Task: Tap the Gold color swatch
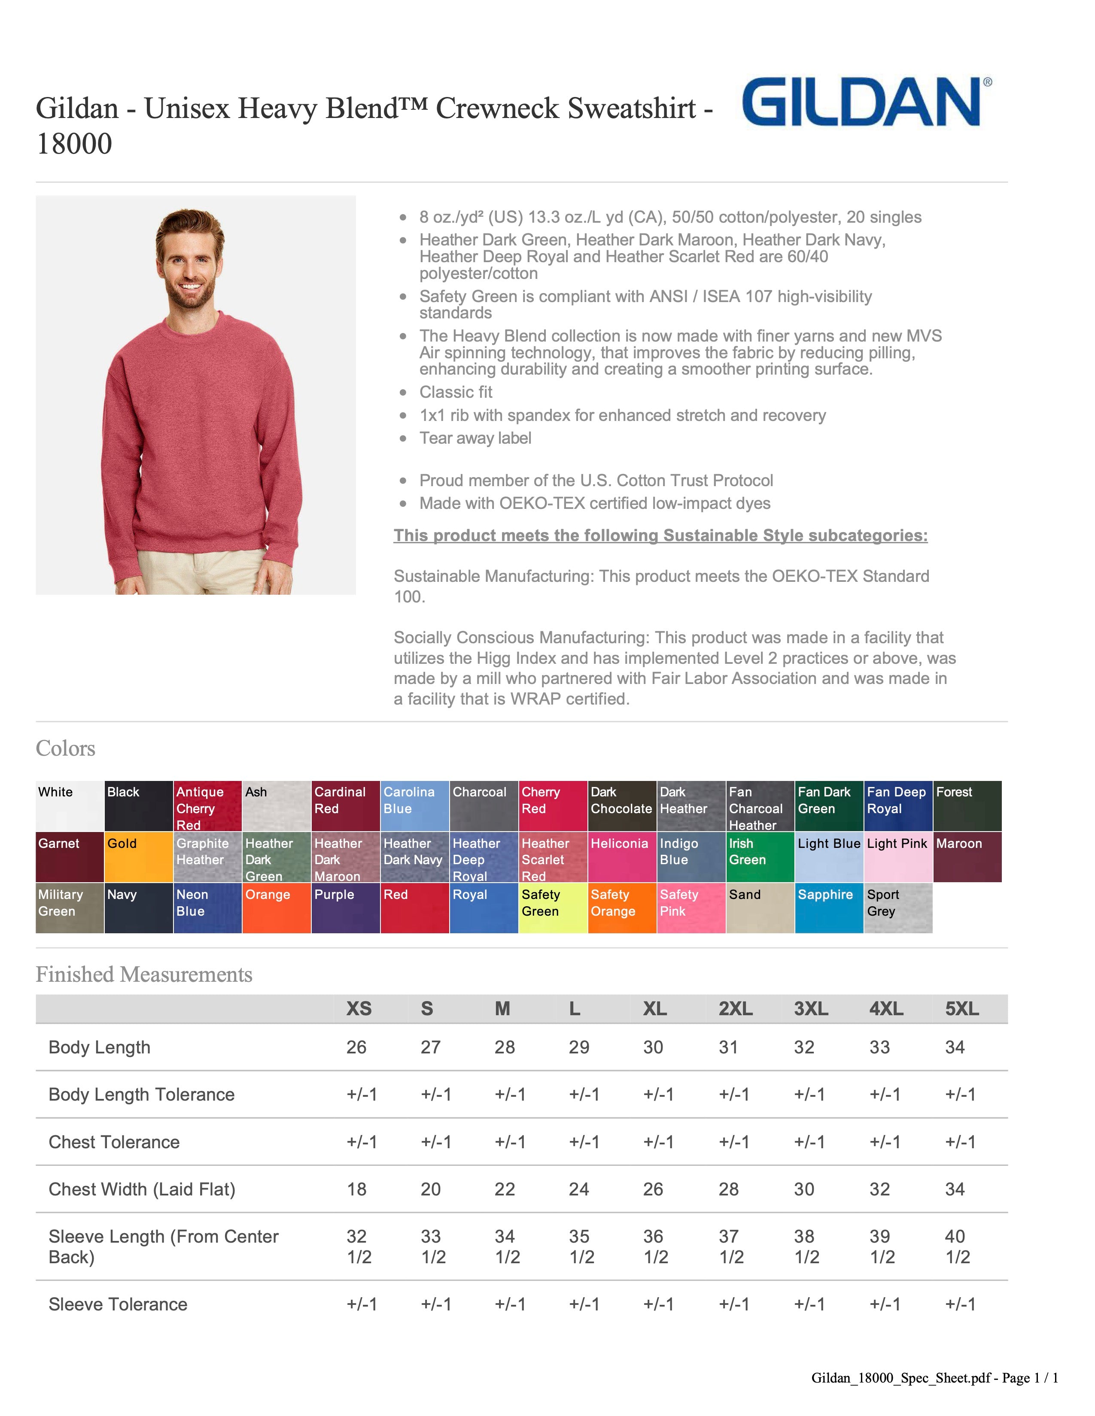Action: (138, 856)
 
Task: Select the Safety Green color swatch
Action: (553, 908)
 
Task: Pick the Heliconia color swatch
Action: (621, 856)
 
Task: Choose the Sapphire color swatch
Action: (828, 908)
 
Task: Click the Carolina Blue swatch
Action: (414, 806)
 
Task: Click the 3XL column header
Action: (811, 1009)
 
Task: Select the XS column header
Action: (359, 1009)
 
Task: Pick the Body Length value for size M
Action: (504, 1047)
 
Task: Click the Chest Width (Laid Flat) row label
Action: (141, 1189)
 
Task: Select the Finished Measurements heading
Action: (143, 974)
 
